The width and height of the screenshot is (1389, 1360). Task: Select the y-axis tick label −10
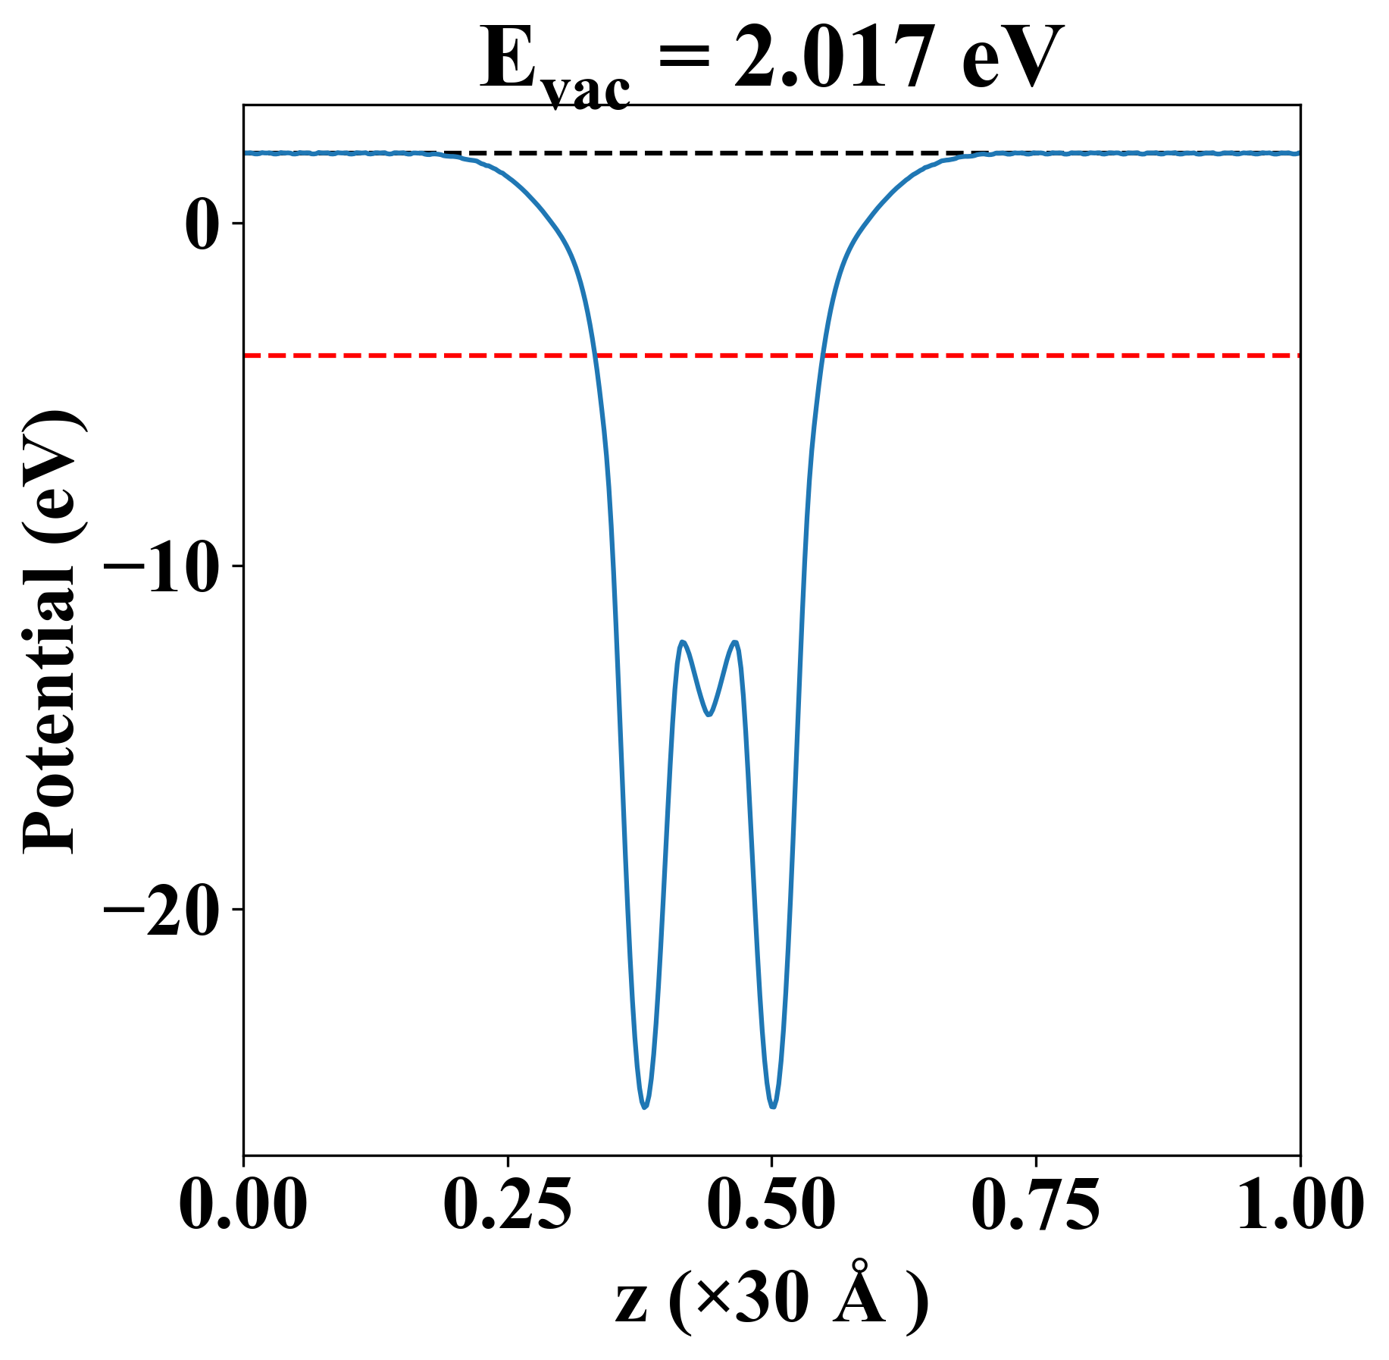(161, 567)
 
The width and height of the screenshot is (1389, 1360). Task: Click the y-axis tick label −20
(161, 910)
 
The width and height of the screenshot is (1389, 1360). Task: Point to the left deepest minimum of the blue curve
(645, 1108)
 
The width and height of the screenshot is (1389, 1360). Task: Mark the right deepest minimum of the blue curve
(773, 1107)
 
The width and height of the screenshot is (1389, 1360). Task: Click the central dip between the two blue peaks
(709, 715)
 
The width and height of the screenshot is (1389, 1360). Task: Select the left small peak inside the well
(684, 642)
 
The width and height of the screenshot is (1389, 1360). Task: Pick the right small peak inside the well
(734, 642)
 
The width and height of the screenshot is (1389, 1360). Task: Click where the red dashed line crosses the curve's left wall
(595, 355)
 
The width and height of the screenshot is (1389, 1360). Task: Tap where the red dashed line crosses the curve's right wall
(821, 355)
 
